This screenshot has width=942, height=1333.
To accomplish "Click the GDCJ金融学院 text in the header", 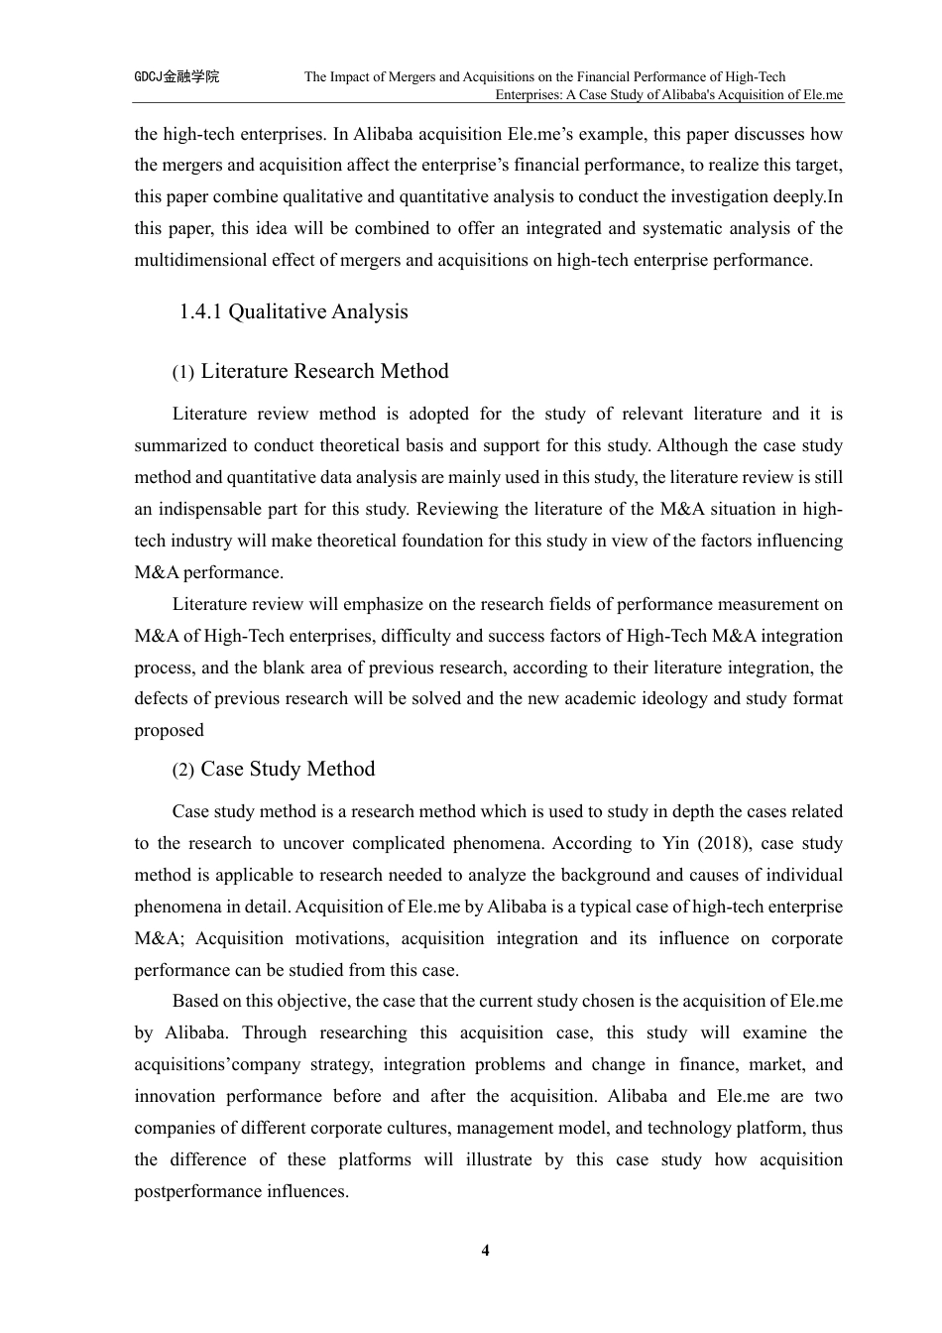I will tap(177, 76).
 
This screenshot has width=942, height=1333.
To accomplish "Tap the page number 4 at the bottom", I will tap(485, 1250).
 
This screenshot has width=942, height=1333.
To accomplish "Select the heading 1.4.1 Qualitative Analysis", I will tap(293, 311).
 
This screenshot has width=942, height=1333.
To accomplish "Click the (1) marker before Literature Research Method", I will tap(182, 373).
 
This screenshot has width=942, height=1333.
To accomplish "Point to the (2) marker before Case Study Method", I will tap(182, 771).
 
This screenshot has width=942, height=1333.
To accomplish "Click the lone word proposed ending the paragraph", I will tap(169, 730).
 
